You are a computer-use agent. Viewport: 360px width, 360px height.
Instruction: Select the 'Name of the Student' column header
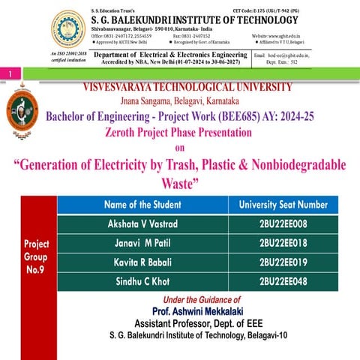coord(143,205)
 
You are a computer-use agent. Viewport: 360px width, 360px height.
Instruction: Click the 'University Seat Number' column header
coord(283,205)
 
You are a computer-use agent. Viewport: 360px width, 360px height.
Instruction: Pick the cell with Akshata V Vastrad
coord(143,223)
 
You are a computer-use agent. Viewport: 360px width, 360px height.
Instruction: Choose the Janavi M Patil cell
coord(143,243)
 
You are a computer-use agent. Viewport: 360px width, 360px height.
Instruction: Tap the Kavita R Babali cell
coord(143,262)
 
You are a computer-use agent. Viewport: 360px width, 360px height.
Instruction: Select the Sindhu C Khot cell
coord(143,282)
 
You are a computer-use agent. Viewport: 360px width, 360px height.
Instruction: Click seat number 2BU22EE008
coord(283,223)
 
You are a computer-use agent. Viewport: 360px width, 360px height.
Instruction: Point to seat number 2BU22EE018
coord(283,243)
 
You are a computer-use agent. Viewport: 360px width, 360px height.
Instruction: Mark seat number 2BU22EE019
coord(283,262)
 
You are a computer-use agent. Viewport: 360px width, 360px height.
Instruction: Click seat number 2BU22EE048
coord(283,282)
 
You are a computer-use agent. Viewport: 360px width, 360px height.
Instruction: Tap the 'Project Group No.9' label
coord(37,256)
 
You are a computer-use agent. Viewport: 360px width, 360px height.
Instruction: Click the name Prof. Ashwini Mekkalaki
coord(198,310)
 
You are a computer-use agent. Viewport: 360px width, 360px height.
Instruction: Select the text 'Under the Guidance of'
coord(198,299)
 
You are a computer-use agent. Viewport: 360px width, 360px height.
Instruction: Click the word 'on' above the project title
coord(179,148)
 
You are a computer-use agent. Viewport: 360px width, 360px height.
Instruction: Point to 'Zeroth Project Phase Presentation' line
coord(179,133)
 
